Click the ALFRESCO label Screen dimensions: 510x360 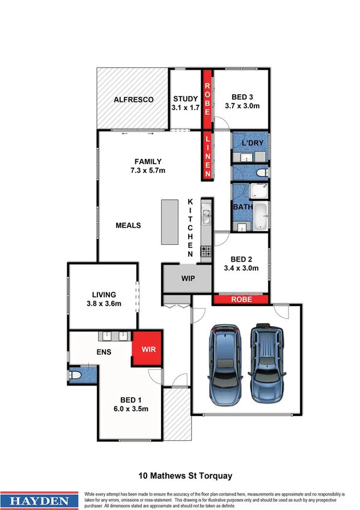[133, 99]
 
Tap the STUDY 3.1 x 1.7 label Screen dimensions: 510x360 [186, 103]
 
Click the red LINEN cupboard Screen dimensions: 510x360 [207, 156]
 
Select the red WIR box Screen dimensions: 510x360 [148, 348]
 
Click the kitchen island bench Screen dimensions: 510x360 [170, 222]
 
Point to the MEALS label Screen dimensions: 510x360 [128, 226]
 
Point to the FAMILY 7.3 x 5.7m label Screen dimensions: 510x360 [148, 166]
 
